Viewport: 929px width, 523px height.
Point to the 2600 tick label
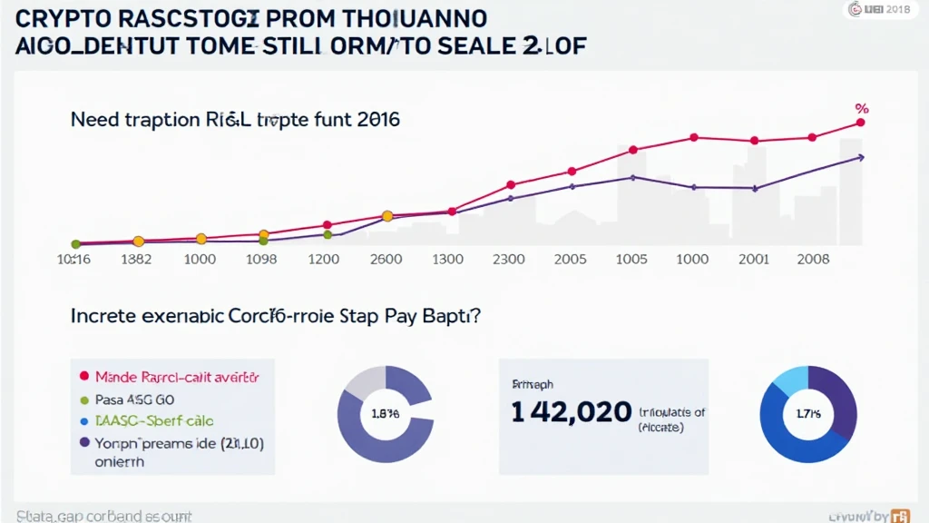(387, 259)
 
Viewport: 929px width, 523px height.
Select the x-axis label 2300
(508, 259)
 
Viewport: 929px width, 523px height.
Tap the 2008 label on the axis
(812, 259)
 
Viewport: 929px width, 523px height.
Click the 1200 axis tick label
(323, 259)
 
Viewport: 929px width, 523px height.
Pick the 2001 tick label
(754, 259)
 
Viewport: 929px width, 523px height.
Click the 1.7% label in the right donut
(807, 413)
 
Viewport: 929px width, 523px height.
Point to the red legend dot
(84, 375)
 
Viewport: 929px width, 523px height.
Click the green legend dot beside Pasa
(84, 399)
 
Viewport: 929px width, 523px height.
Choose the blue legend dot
(84, 421)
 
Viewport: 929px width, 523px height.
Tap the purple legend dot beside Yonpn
(84, 443)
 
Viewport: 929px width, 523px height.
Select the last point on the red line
(861, 123)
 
